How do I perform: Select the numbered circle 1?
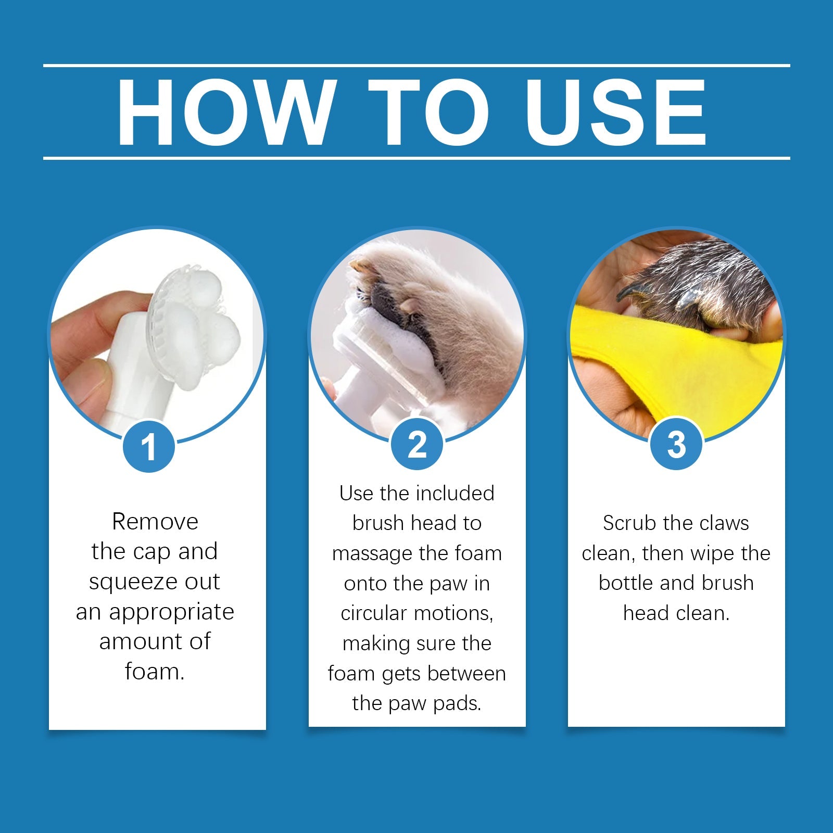[149, 446]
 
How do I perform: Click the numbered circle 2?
[416, 445]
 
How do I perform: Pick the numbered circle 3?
[676, 445]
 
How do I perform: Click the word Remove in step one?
[155, 522]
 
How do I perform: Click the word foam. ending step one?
[155, 672]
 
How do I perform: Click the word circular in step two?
[374, 613]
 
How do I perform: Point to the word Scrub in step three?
[623, 523]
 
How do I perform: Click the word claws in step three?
[723, 523]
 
